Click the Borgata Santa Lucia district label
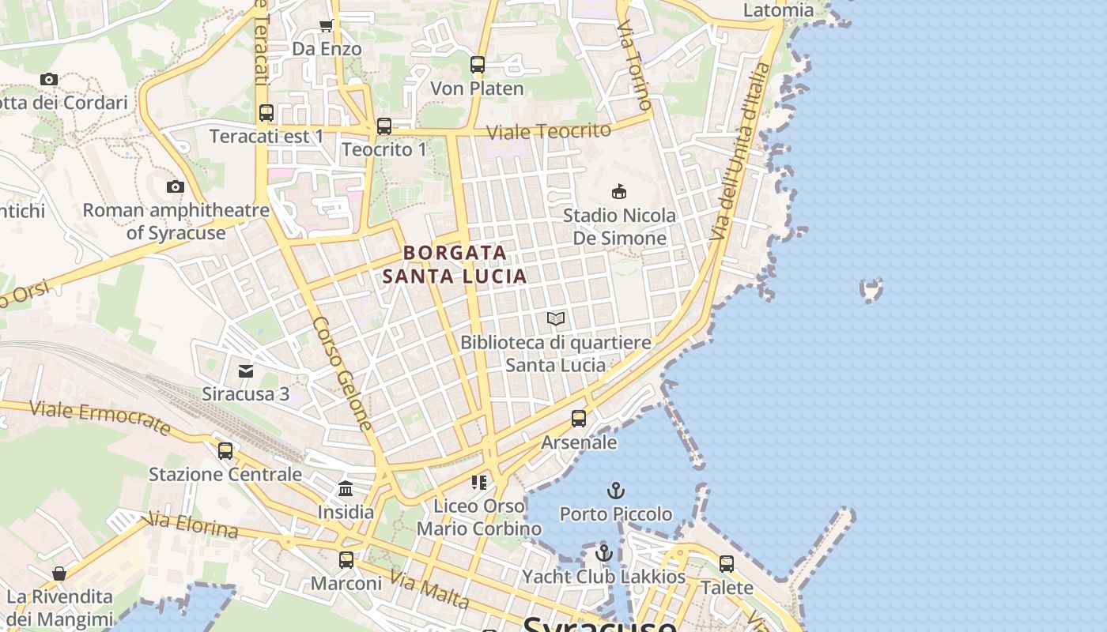click(x=455, y=264)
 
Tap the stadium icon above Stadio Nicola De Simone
click(x=619, y=191)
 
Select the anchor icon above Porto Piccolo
click(x=616, y=491)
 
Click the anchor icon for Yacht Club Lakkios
click(x=604, y=553)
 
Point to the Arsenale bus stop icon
click(x=579, y=419)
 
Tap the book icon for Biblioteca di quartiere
click(x=556, y=318)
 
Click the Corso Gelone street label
click(x=342, y=374)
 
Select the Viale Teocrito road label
click(x=549, y=131)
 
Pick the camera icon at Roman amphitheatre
click(x=176, y=187)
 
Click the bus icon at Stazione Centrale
click(x=225, y=451)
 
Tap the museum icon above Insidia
click(x=346, y=489)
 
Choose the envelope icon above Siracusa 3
click(x=246, y=371)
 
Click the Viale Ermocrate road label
click(x=100, y=416)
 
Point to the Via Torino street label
click(x=634, y=66)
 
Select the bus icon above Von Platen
click(x=478, y=65)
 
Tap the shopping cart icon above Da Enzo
click(x=326, y=26)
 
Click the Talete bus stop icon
click(x=727, y=564)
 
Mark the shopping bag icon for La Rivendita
click(x=59, y=574)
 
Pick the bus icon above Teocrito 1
click(x=384, y=126)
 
